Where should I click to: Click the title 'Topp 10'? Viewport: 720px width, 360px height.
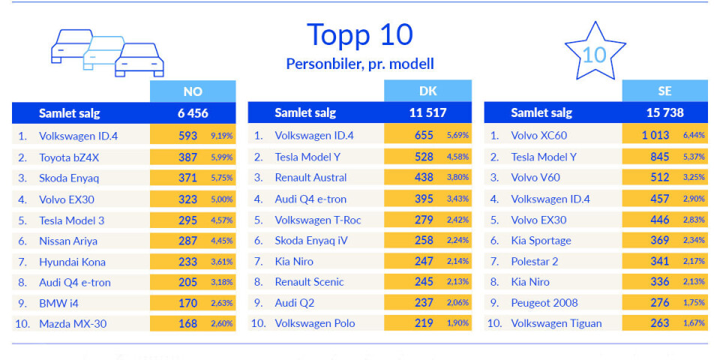coord(360,34)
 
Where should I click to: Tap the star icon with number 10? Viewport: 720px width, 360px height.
coord(594,52)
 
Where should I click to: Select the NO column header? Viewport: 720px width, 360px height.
coord(193,91)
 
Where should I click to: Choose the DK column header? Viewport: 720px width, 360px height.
coord(428,91)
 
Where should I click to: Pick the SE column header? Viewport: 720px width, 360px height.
coord(664,91)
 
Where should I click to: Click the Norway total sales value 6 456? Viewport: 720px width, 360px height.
coord(193,113)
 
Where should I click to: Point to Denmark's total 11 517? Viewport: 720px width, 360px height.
coord(428,113)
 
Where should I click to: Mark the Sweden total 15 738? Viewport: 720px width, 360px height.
coord(664,113)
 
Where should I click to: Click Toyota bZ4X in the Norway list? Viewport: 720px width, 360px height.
coord(68,157)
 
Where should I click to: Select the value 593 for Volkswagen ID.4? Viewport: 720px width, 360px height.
coord(187,136)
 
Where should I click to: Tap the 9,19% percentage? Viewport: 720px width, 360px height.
coord(221,136)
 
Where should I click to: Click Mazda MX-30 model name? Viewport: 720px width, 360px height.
coord(73,324)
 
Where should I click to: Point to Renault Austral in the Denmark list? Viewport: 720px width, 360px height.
coord(310,178)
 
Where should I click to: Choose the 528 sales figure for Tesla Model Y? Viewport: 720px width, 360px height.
coord(424,157)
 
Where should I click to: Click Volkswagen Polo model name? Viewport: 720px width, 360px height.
coord(314,324)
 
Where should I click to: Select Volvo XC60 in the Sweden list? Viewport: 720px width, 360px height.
coord(538,136)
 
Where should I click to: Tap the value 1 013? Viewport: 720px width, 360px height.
coord(655,136)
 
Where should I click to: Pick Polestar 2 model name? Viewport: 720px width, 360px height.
coord(534,262)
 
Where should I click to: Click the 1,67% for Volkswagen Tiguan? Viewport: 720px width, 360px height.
coord(693,324)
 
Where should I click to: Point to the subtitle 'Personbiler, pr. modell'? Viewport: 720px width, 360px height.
coord(360,64)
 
